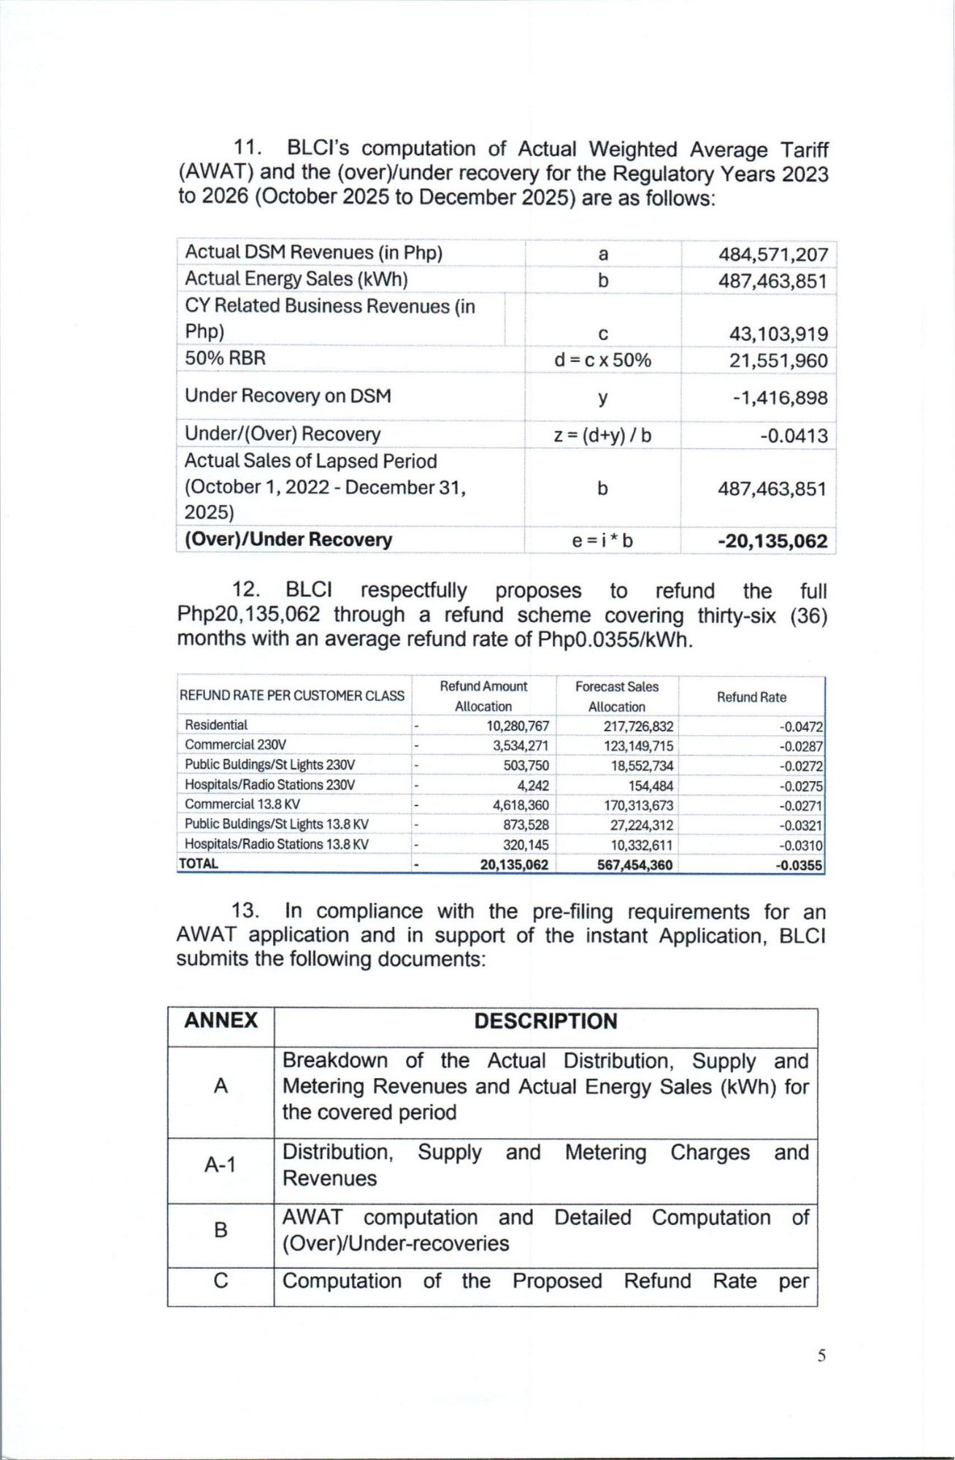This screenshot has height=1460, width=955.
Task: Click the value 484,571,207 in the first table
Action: [772, 255]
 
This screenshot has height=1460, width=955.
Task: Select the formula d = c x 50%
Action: [602, 361]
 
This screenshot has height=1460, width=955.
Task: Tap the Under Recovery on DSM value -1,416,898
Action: [780, 398]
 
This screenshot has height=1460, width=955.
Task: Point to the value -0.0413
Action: [794, 436]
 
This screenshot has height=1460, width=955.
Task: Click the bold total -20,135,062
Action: [772, 541]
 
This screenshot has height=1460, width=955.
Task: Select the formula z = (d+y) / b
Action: [602, 436]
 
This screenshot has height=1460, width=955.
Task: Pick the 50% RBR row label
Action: [225, 358]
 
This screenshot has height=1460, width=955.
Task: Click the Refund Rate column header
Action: [751, 697]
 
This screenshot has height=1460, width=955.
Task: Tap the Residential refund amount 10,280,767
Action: [518, 726]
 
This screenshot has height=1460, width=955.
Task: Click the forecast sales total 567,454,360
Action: [634, 865]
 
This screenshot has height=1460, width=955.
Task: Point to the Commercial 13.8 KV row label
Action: [242, 804]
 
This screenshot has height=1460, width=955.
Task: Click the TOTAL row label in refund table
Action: [199, 864]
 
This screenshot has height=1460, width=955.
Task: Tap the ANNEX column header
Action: [220, 1021]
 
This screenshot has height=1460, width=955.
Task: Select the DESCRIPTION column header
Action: [545, 1021]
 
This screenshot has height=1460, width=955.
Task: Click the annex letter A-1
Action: [220, 1164]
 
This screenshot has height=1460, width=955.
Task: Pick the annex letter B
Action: [220, 1230]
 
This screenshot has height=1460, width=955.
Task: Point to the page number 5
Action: [821, 1356]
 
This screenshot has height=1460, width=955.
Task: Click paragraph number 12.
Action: [246, 590]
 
